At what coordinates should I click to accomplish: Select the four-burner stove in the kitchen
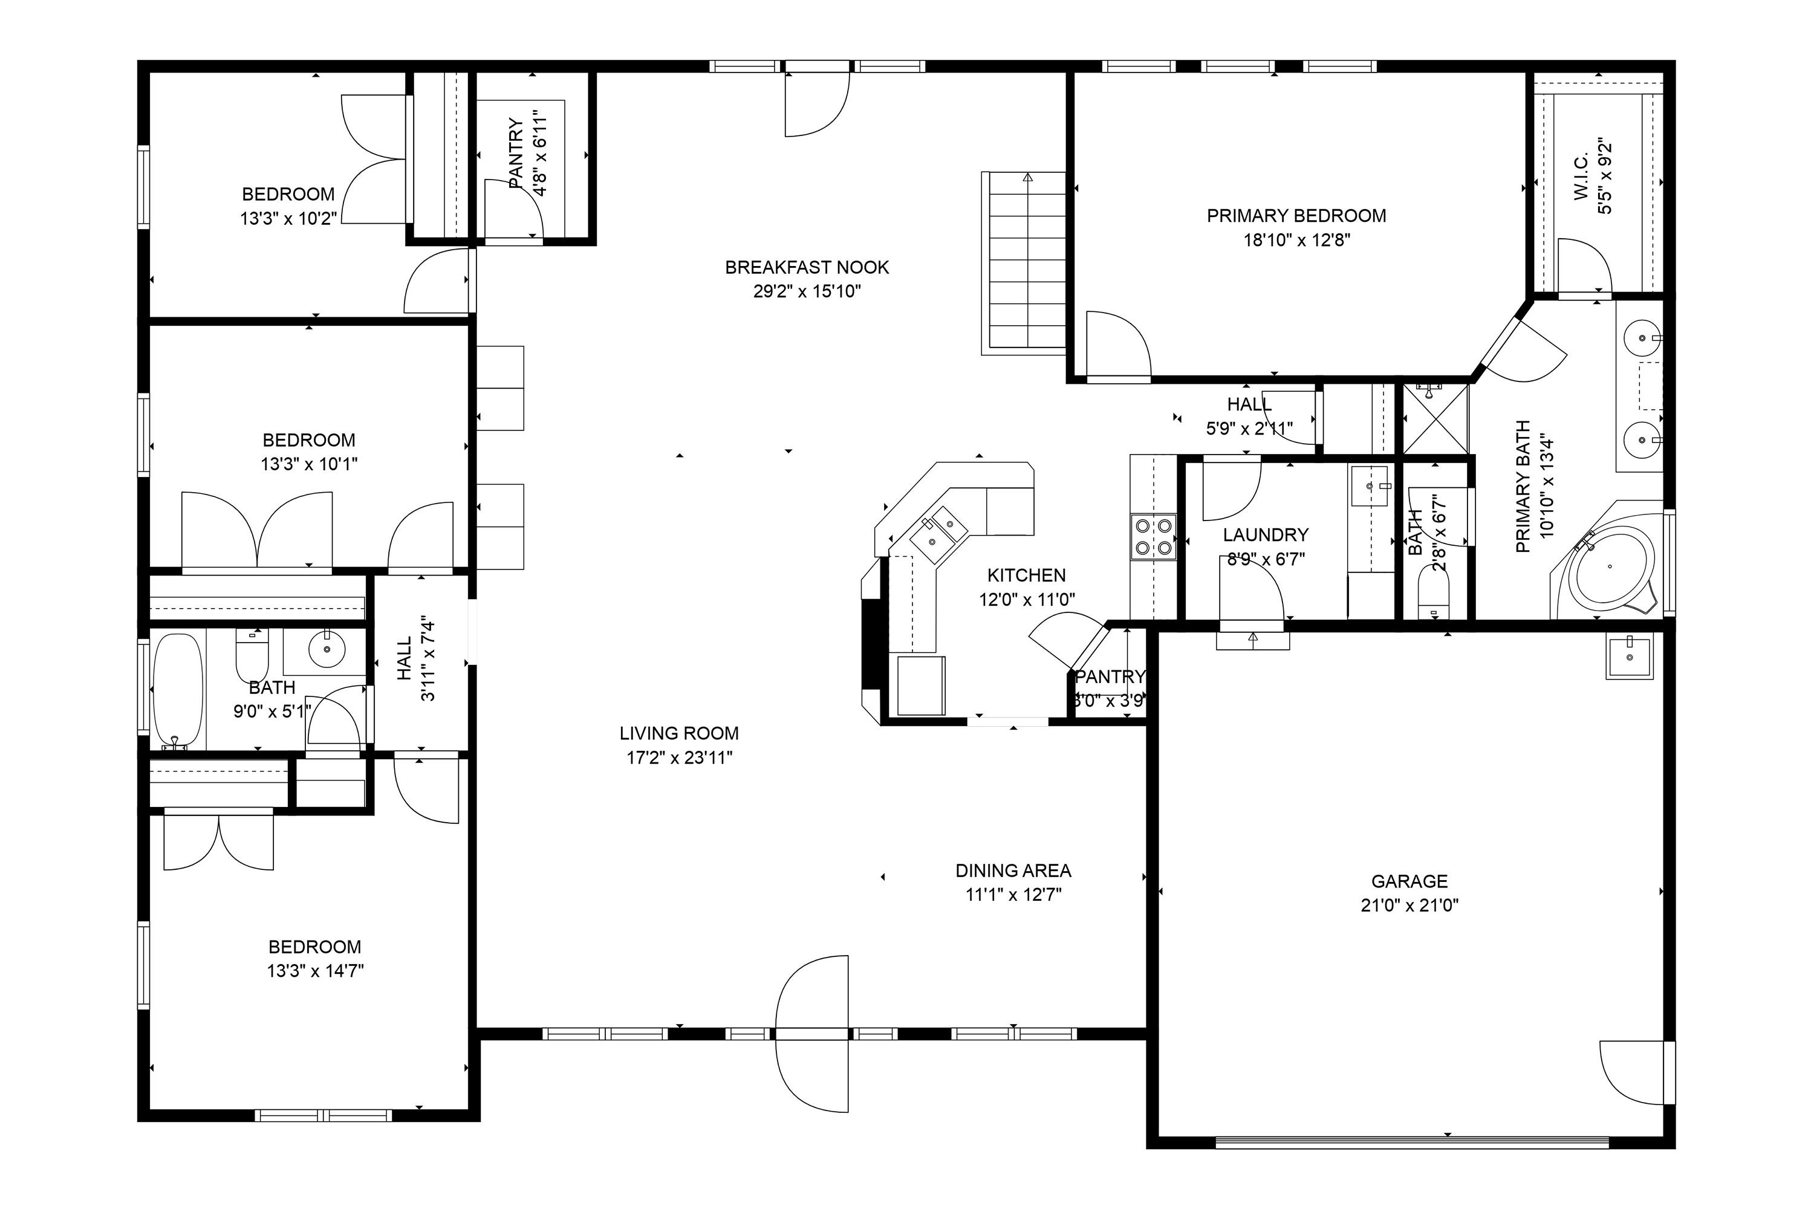click(x=1154, y=537)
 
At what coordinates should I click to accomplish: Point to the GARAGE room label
click(x=1409, y=881)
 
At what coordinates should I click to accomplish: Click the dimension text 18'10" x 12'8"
click(x=1296, y=240)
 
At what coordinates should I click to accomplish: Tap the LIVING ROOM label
click(x=678, y=733)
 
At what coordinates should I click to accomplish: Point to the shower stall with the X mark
click(x=1435, y=420)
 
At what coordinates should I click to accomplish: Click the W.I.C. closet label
click(x=1581, y=177)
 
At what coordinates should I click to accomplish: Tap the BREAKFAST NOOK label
click(x=807, y=268)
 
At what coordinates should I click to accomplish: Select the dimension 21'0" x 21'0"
click(x=1409, y=905)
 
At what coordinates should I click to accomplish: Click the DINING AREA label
click(x=1013, y=870)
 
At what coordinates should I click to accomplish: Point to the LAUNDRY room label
click(x=1265, y=534)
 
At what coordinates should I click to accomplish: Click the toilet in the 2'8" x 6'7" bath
click(x=1434, y=598)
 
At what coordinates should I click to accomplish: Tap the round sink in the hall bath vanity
click(x=327, y=652)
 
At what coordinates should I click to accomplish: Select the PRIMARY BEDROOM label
click(x=1296, y=216)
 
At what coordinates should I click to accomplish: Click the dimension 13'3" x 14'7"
click(x=314, y=971)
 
